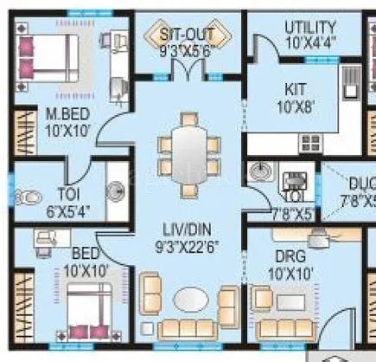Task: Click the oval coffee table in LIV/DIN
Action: [x=189, y=300]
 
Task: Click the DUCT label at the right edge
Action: [x=362, y=184]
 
